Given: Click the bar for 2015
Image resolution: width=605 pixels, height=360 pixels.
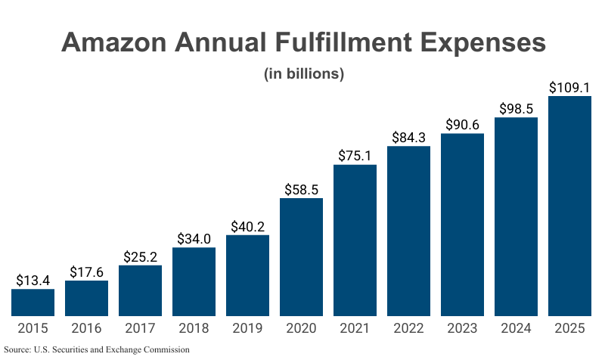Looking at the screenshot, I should (33, 303).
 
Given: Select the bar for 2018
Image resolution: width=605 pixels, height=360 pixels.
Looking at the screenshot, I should (194, 281).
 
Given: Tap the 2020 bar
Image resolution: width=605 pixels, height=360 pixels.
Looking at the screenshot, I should (301, 257).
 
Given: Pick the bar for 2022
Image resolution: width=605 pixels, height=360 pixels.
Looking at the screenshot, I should (408, 231).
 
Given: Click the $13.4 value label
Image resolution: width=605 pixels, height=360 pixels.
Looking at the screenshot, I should (33, 281).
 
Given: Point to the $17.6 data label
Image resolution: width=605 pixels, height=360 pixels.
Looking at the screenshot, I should (86, 272).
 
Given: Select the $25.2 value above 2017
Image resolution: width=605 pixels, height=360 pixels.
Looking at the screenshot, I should (140, 256).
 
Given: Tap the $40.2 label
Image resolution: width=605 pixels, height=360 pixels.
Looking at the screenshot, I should (247, 226).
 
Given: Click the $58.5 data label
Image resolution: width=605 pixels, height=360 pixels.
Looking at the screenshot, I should (301, 189).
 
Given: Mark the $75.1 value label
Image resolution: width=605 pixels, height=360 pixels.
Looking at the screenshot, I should (355, 156).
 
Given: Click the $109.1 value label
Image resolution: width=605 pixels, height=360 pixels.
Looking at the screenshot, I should (569, 88).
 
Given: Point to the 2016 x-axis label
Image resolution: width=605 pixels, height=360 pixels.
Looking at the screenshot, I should (86, 328).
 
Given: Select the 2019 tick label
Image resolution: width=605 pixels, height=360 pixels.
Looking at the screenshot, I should (247, 328).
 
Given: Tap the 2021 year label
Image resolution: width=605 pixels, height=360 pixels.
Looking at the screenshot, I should (355, 328).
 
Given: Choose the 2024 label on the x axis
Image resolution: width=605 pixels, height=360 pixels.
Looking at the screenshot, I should (516, 328).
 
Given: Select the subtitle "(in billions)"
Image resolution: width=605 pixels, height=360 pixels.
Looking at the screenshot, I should (303, 74).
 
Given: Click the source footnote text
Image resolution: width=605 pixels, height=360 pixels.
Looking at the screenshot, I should (96, 349).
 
